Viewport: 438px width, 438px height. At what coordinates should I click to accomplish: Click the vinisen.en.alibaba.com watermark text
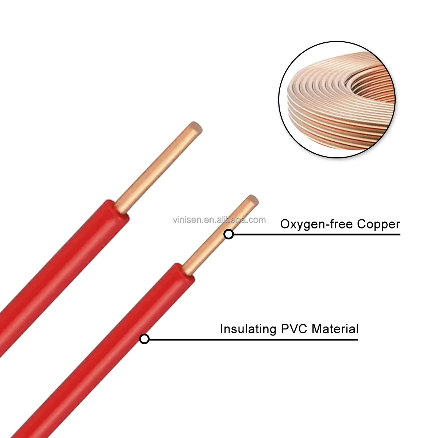point(219,220)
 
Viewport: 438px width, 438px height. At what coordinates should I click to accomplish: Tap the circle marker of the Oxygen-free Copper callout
point(229,234)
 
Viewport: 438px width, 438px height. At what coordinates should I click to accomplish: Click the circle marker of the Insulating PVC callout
point(145,339)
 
